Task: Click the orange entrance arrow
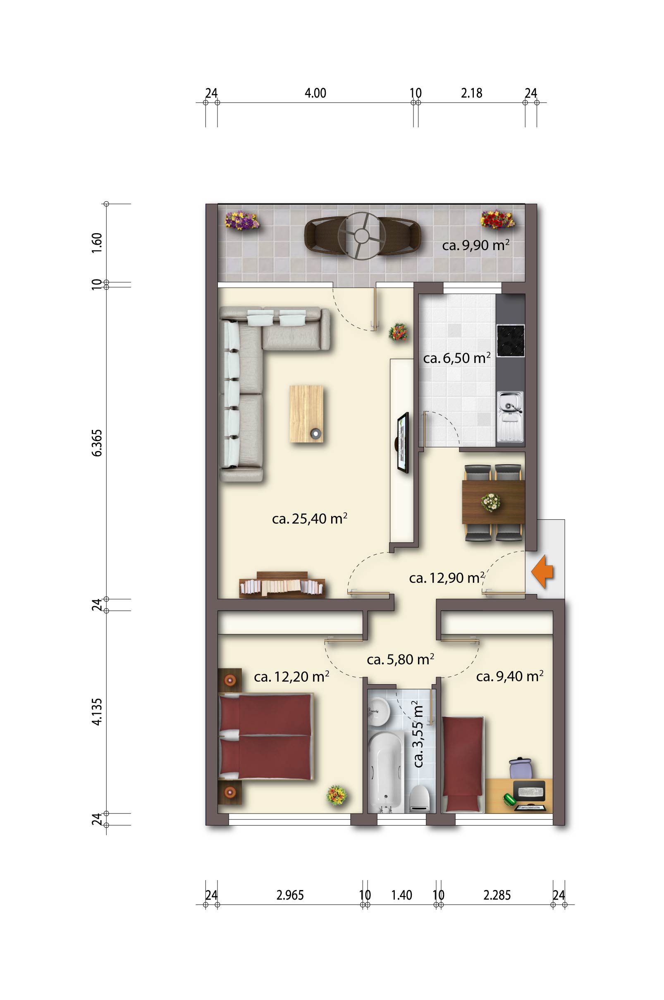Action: coord(542,572)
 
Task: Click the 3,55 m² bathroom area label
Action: coord(418,734)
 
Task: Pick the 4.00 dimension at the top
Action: coord(315,93)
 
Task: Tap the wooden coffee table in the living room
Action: coord(306,414)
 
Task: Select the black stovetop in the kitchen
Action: coord(510,340)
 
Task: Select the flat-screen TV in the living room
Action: coord(403,442)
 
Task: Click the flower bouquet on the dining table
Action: coord(491,502)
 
